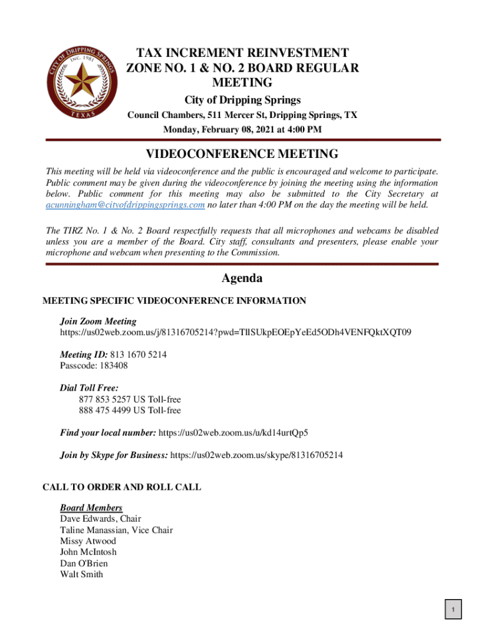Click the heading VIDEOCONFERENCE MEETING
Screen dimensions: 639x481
point(242,154)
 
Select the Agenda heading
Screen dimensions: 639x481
point(242,278)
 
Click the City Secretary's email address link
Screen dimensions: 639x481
point(126,205)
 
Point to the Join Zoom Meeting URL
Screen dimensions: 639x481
point(236,333)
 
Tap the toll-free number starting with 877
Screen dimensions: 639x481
point(130,399)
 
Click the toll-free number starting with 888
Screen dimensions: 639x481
point(130,410)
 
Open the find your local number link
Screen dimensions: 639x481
point(234,432)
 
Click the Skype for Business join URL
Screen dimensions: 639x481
point(256,455)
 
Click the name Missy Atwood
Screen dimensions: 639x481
point(88,541)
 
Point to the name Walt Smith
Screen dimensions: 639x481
point(82,574)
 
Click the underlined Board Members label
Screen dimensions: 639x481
point(91,507)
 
